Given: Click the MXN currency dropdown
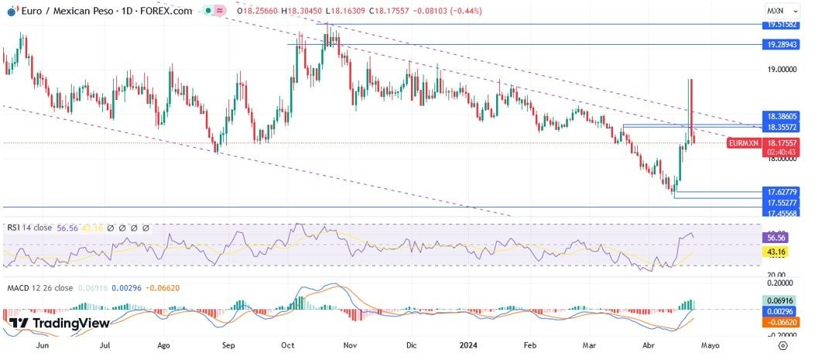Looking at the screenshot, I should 778,12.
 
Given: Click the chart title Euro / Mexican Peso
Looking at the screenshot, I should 65,11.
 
